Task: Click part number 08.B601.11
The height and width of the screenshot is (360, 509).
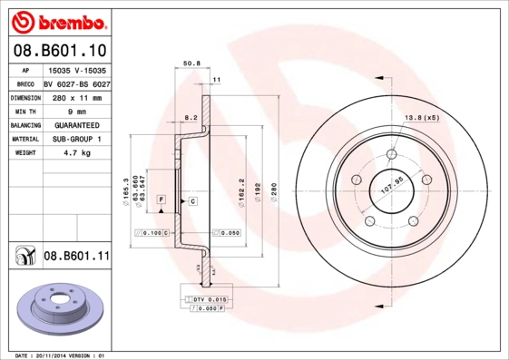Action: click(x=76, y=257)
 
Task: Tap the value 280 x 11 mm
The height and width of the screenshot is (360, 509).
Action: click(x=76, y=97)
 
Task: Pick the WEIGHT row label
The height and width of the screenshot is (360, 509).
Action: click(x=25, y=153)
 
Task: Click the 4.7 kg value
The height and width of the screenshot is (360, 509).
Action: click(x=76, y=153)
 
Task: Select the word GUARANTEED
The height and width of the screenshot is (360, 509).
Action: click(x=76, y=125)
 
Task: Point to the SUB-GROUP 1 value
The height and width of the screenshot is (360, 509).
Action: click(x=76, y=139)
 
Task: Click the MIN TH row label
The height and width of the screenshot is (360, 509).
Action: click(x=25, y=111)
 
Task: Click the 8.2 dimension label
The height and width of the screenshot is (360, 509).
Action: click(x=191, y=118)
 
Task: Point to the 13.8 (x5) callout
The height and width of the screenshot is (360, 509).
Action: click(x=421, y=117)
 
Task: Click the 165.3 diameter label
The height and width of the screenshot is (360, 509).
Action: click(x=125, y=190)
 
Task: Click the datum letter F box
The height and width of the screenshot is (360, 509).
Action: click(x=161, y=199)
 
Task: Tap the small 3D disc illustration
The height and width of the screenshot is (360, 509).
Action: click(x=58, y=309)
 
